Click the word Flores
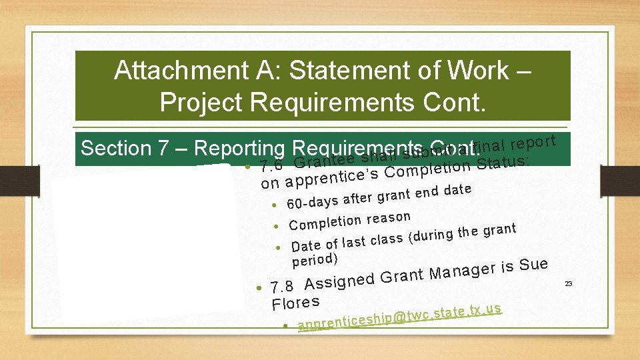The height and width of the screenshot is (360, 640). (x=295, y=303)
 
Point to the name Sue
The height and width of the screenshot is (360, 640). (x=533, y=265)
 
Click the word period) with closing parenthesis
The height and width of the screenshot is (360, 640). (x=315, y=258)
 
